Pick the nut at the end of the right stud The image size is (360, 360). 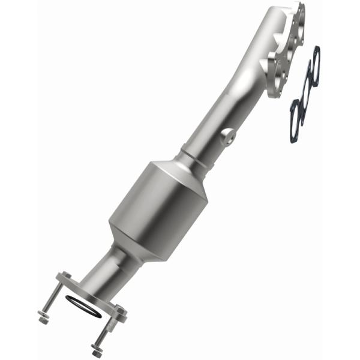[97, 350]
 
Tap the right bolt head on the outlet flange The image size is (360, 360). [120, 310]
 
